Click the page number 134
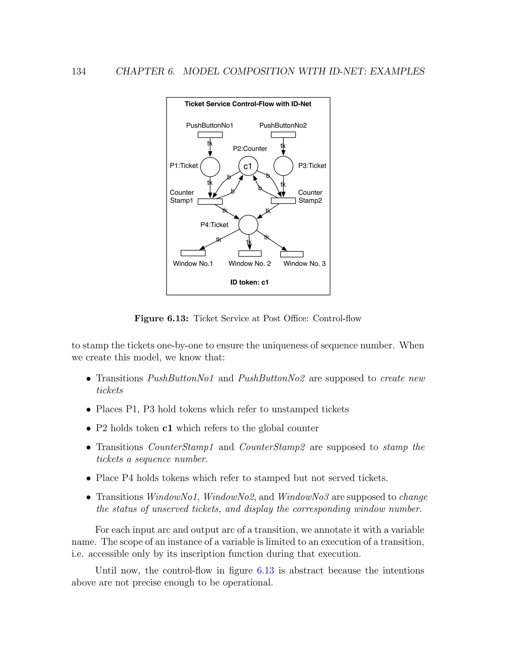point(79,72)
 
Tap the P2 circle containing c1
point(248,166)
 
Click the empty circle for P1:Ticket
point(210,167)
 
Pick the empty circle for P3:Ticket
point(283,166)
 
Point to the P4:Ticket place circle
point(248,225)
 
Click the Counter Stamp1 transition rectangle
point(210,202)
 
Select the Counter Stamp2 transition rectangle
point(283,201)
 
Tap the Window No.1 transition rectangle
point(193,253)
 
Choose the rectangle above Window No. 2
point(250,253)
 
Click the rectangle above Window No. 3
point(292,254)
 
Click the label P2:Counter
point(250,149)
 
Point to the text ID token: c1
point(249,282)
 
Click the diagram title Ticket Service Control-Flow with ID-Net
point(248,104)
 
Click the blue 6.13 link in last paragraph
point(265,570)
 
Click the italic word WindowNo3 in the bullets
point(303,497)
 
